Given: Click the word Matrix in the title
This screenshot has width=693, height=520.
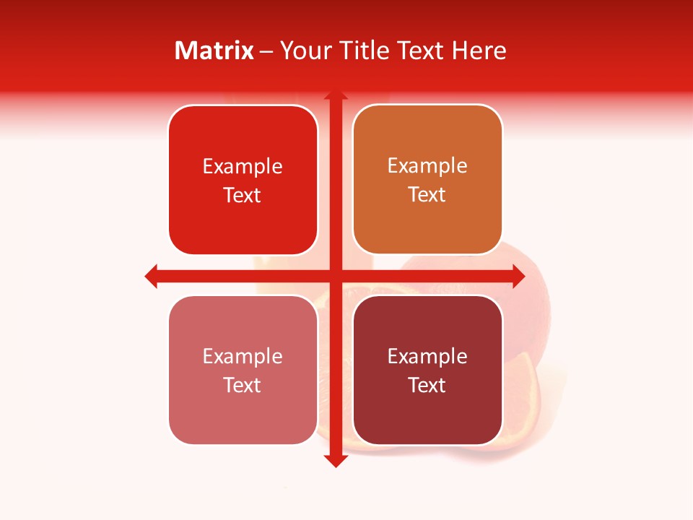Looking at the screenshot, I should [x=214, y=51].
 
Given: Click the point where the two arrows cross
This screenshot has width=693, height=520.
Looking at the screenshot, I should [x=335, y=276].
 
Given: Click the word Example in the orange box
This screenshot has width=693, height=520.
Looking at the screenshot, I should [x=427, y=165].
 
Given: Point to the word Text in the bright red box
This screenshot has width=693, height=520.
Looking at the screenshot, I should [x=243, y=195].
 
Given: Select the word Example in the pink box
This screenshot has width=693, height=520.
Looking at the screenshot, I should [x=243, y=356].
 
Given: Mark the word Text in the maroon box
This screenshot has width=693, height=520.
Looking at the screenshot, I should [x=427, y=385].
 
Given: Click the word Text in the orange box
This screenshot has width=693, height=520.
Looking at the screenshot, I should [x=427, y=194].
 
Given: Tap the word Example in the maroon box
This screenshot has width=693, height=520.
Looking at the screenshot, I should [x=427, y=356].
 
